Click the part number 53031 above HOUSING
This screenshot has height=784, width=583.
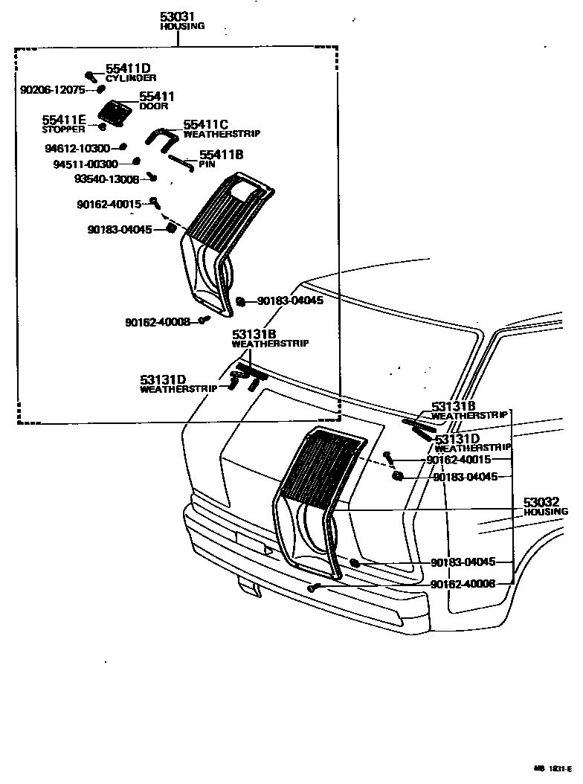pos(179,17)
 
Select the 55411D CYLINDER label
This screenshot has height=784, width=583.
pos(129,72)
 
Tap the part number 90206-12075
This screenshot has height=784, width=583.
pos(53,90)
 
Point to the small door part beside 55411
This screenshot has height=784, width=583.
pos(115,113)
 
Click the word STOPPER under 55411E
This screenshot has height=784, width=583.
pos(62,129)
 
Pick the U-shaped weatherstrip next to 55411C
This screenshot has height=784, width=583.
pos(161,138)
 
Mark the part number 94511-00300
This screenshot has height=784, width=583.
pos(86,164)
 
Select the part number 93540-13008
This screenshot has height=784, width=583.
pos(107,179)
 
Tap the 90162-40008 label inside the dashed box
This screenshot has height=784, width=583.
pos(158,322)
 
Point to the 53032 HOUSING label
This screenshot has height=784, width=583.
pos(545,507)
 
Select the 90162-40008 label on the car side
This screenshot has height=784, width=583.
pos(473,585)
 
